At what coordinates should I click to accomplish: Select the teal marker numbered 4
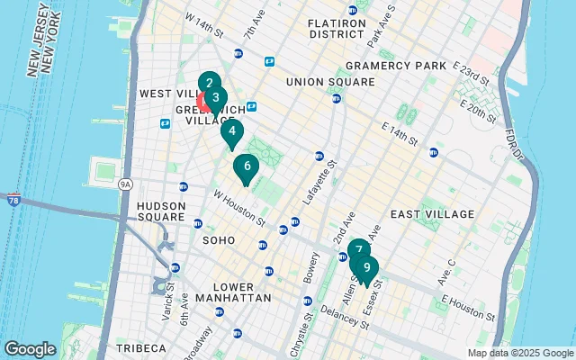tap(232, 132)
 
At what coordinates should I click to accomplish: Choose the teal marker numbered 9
tap(366, 268)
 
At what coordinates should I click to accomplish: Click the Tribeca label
tap(140, 347)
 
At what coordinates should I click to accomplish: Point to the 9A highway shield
tap(125, 184)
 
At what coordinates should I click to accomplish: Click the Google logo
tap(30, 349)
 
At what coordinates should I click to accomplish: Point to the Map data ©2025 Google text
tap(519, 353)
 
